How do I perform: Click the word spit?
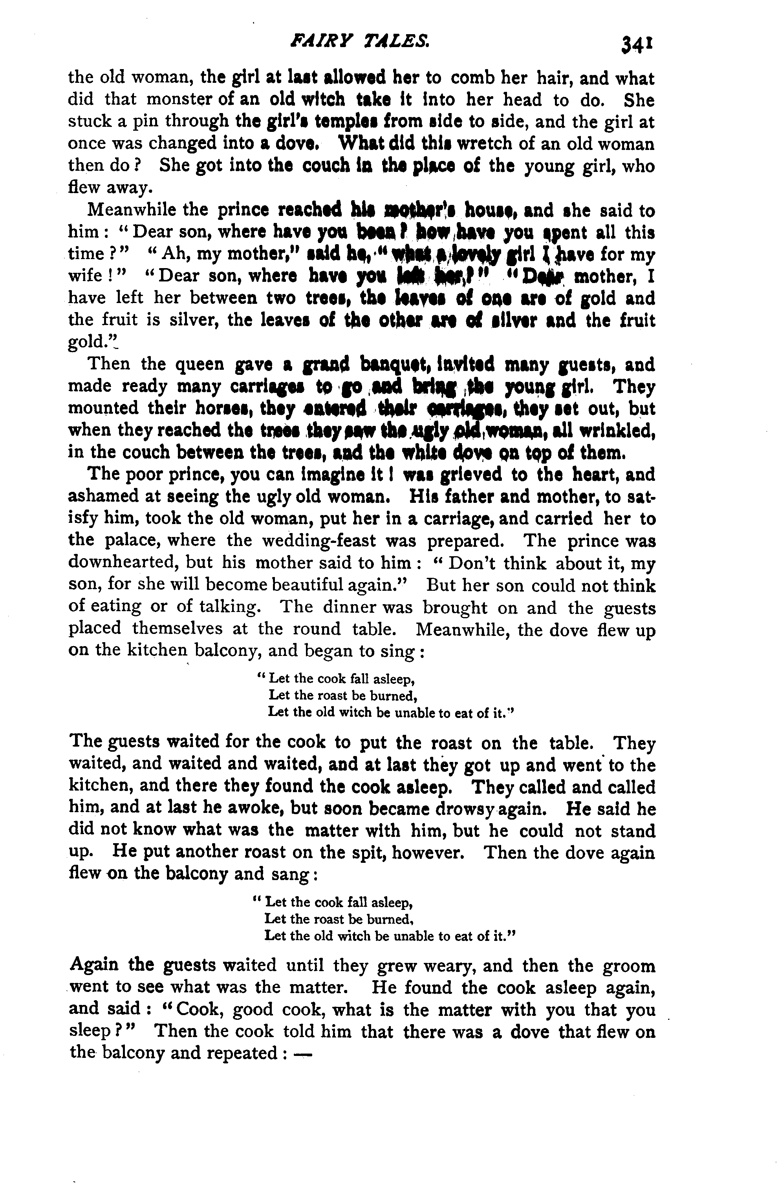tap(389, 853)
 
